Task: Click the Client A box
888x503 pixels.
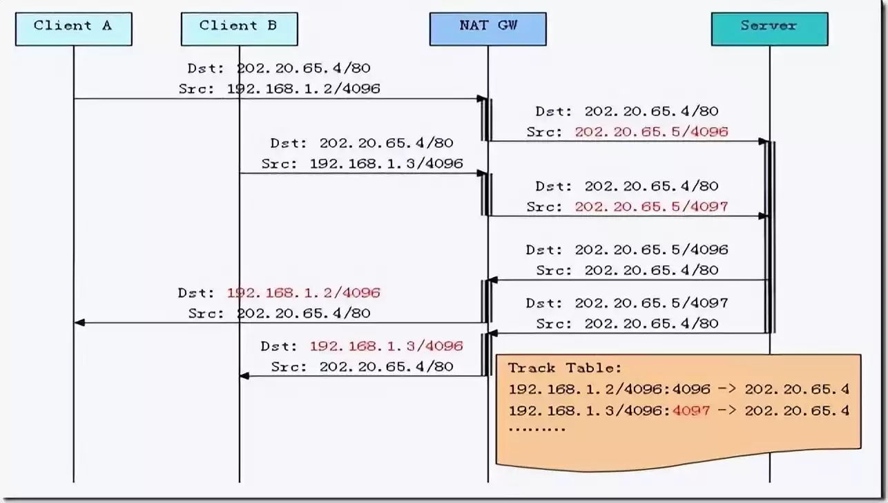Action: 73,28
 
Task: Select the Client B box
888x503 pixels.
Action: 239,28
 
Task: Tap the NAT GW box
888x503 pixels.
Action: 488,28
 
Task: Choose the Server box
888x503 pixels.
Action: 769,28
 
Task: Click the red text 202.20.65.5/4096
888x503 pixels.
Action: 651,131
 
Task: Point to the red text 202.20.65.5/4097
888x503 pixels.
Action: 651,206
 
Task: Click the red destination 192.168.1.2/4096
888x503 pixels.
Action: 303,293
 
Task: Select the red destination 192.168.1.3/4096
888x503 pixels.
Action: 386,346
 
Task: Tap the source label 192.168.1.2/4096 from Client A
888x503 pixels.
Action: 303,88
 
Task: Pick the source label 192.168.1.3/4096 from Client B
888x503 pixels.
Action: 386,164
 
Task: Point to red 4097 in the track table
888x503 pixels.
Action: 691,410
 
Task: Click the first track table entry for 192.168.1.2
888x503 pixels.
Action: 678,389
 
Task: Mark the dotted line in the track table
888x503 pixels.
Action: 537,430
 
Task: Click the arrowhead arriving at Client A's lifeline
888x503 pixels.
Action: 79,323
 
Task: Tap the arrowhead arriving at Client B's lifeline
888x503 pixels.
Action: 244,376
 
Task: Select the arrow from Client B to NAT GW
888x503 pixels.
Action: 363,173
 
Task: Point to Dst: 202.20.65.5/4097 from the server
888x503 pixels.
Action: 626,303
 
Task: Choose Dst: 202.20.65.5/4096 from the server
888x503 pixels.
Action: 626,249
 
